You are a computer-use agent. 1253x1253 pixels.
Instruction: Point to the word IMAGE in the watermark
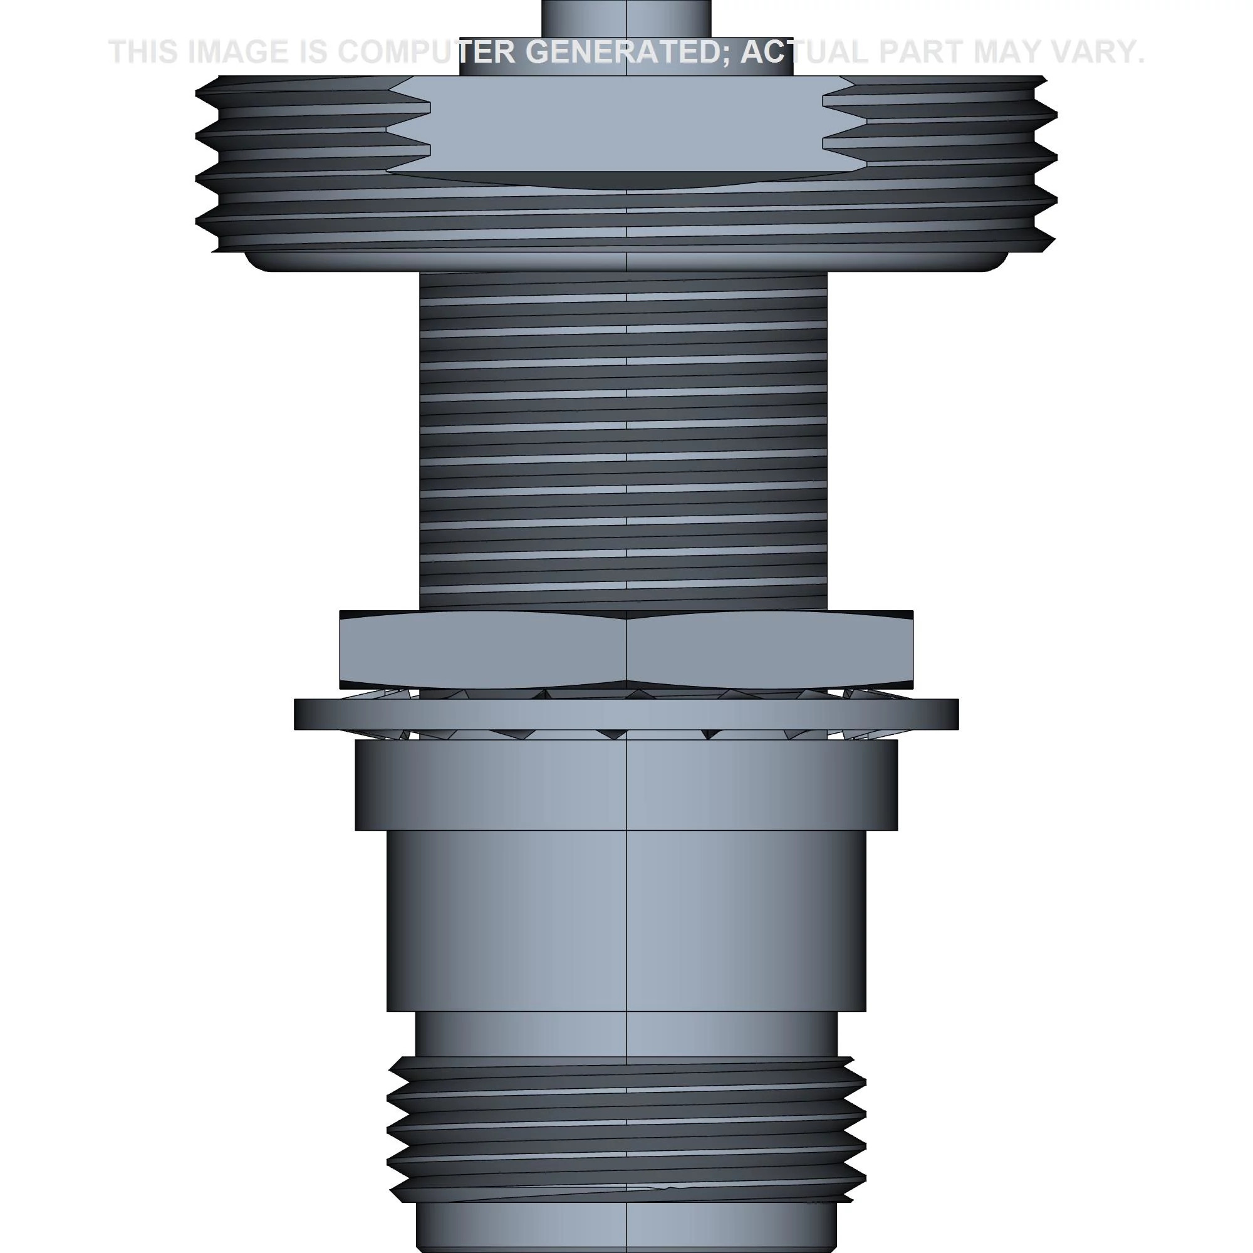coord(237,53)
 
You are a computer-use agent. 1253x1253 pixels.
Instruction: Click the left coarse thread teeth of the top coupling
coord(292,162)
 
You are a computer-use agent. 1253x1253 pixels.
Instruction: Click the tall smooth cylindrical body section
coord(626,921)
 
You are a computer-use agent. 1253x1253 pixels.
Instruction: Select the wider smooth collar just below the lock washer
coord(626,785)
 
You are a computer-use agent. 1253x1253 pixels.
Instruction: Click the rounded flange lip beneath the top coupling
coord(626,261)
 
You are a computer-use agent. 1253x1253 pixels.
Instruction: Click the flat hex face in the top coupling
coord(626,123)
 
